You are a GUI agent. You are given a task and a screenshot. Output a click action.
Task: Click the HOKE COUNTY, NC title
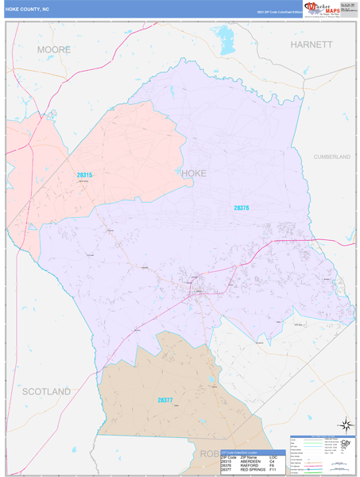27,10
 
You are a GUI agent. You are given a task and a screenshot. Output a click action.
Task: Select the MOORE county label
54,49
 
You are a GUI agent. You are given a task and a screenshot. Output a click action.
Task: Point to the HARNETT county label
311,45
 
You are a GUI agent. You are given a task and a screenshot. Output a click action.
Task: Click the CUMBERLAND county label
332,157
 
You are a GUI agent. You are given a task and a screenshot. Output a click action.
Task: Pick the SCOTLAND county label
46,391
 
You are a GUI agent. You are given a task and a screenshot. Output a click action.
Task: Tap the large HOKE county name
194,173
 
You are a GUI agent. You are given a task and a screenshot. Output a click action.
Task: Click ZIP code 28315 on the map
84,175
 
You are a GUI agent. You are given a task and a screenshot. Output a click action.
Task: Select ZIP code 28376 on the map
242,208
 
